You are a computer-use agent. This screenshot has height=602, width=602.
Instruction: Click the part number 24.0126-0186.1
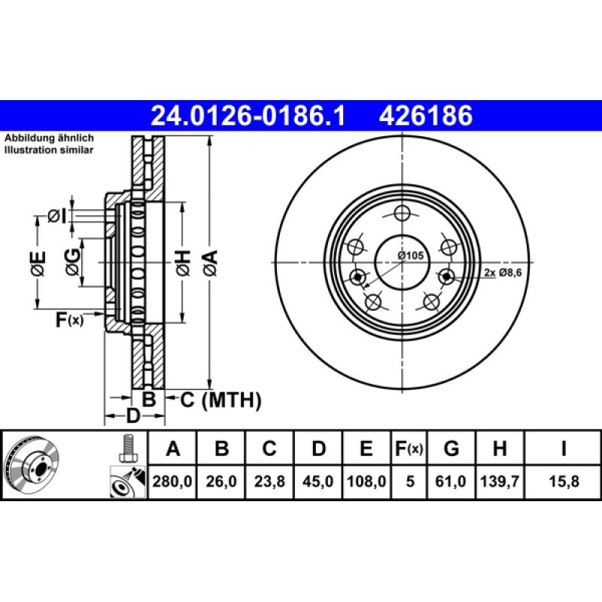point(248,116)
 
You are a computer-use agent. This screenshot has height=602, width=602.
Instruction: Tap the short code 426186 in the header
point(427,116)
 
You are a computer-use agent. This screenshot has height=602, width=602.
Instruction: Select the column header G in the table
point(451,449)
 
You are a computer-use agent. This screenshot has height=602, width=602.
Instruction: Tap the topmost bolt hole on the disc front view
point(402,213)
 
